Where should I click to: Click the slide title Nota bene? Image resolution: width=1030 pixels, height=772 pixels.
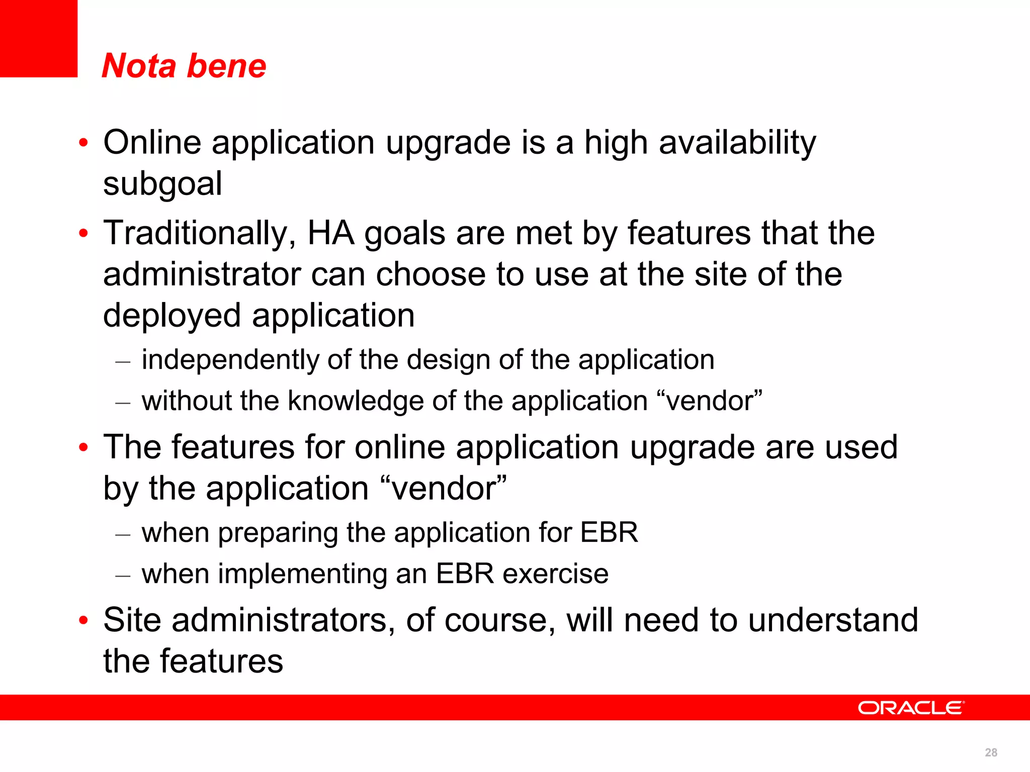pos(184,66)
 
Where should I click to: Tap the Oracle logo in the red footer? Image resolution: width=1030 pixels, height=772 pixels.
pos(911,708)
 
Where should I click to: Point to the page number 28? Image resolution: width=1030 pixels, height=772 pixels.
pos(991,752)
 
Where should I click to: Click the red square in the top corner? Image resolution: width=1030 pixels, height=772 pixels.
pos(38,38)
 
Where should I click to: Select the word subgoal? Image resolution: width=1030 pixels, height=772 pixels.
pos(162,184)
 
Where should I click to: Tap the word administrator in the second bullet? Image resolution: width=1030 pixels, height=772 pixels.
pos(201,274)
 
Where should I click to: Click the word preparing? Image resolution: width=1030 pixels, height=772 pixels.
pos(278,533)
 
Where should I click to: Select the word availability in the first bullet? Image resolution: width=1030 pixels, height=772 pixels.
pos(737,143)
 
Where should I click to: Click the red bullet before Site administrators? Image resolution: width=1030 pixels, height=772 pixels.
pos(83,620)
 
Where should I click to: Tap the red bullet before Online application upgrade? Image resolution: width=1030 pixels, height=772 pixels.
pos(83,143)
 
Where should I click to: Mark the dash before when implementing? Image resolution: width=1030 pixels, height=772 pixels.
pos(123,575)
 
